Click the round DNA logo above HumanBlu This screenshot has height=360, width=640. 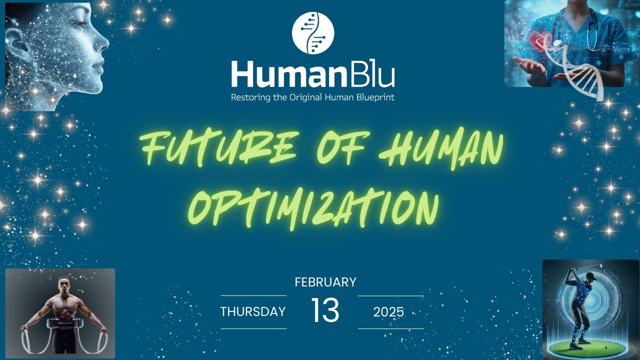[x=312, y=33]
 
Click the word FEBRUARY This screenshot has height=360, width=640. [x=325, y=282]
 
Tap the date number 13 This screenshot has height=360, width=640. [x=325, y=310]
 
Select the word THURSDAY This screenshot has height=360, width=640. [x=253, y=312]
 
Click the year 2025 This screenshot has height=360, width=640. [x=388, y=312]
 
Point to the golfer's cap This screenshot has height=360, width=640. [x=590, y=275]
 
